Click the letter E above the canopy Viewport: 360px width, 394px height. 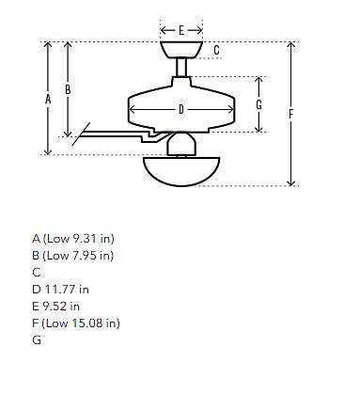click(181, 30)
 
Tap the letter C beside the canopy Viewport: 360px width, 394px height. click(216, 50)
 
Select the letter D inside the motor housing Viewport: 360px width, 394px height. click(181, 109)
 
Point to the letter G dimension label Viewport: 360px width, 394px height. click(258, 104)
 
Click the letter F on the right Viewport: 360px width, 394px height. click(291, 114)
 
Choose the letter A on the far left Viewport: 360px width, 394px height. click(48, 100)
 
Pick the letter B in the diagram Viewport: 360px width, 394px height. click(68, 90)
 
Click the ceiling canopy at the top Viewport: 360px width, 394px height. click(181, 50)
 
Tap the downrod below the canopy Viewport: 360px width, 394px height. click(181, 68)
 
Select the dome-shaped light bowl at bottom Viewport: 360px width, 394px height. click(181, 172)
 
